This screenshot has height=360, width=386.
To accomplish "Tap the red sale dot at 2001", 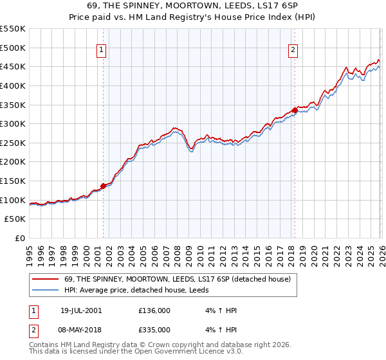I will [x=103, y=186].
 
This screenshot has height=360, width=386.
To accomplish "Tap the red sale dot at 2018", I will [x=295, y=110].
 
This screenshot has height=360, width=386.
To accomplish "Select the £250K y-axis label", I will [x=13, y=143].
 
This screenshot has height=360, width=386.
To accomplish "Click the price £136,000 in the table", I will [x=154, y=310].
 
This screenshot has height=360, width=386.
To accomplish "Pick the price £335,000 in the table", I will [x=154, y=331].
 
